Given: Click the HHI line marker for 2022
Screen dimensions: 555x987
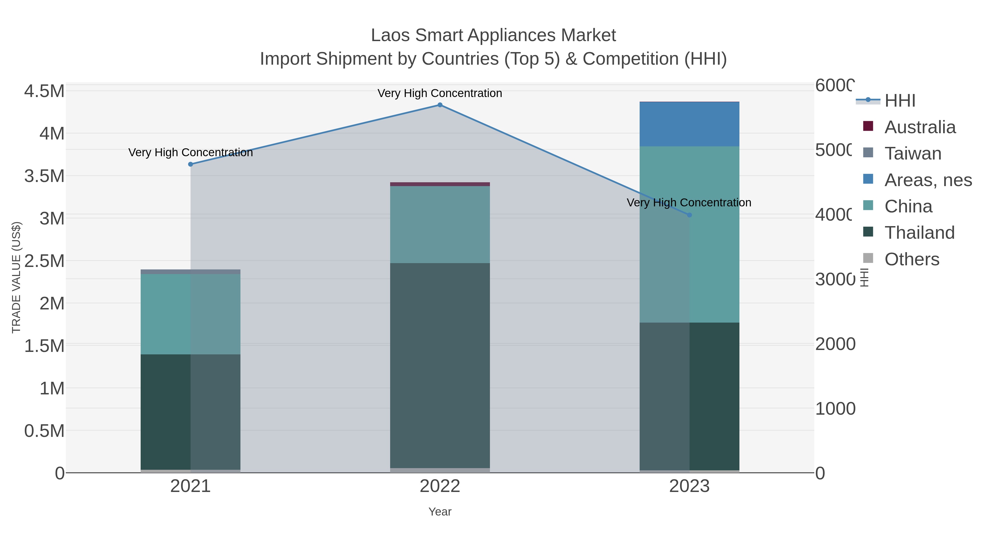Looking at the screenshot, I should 440,105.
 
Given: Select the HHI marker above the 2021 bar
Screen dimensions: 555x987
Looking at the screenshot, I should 191,164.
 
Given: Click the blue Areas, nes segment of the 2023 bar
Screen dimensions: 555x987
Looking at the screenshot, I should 689,124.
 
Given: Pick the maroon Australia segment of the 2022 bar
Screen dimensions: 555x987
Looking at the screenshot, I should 440,184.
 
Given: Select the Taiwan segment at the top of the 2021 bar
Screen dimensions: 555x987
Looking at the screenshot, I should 191,272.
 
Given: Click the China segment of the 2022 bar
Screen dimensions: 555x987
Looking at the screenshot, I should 440,224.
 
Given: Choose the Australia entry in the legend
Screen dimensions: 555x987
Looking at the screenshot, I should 920,127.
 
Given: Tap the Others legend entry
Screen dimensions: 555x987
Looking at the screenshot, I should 912,259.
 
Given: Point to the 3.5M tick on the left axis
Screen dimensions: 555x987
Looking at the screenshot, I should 44,176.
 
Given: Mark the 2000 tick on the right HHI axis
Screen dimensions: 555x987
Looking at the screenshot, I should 835,344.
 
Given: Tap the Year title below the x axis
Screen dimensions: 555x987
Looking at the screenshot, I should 440,512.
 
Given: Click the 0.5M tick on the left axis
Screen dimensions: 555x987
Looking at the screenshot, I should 44,431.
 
